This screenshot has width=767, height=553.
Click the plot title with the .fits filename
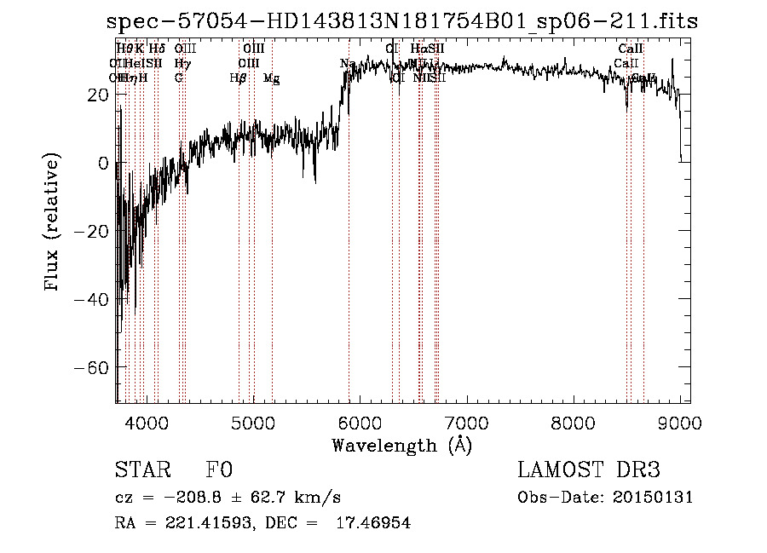pyautogui.click(x=401, y=21)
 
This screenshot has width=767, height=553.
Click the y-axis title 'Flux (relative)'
pyautogui.click(x=52, y=223)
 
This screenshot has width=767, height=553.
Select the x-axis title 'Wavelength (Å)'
pyautogui.click(x=401, y=445)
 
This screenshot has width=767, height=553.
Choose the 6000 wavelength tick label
pyautogui.click(x=360, y=421)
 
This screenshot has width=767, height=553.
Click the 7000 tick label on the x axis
pyautogui.click(x=466, y=421)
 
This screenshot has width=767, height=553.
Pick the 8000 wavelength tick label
pyautogui.click(x=573, y=421)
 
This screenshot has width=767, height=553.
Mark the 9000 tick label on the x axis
pyautogui.click(x=679, y=421)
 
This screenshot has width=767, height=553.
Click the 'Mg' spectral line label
pyautogui.click(x=272, y=78)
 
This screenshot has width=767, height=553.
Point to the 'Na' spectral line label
pyautogui.click(x=348, y=64)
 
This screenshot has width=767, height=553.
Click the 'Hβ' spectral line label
pyautogui.click(x=238, y=78)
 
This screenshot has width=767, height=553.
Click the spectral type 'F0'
pyautogui.click(x=219, y=470)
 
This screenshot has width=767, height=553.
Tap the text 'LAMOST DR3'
pyautogui.click(x=589, y=470)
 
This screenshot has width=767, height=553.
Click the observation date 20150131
pyautogui.click(x=652, y=498)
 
